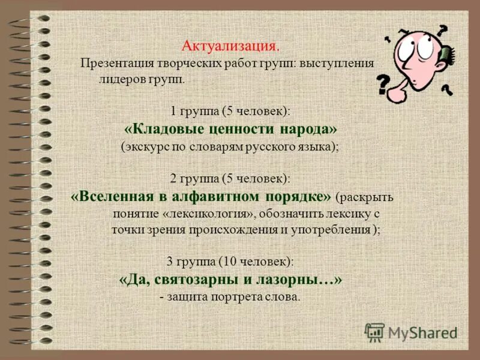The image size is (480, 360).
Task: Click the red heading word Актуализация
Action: pyautogui.click(x=230, y=46)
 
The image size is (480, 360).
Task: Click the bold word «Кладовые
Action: pyautogui.click(x=158, y=128)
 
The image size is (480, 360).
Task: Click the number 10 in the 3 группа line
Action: pyautogui.click(x=225, y=262)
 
